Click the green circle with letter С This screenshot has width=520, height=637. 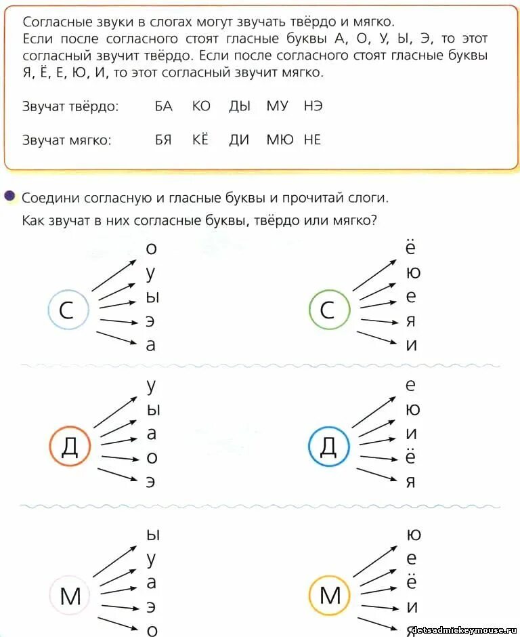point(328,310)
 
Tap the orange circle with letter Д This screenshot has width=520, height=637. point(69,447)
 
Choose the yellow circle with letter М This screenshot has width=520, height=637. point(330,596)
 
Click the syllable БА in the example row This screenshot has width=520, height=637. point(163,106)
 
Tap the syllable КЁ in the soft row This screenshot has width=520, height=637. point(200,140)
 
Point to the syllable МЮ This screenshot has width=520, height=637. point(280,140)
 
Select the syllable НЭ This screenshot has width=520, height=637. point(313,106)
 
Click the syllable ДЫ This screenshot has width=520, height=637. point(240,106)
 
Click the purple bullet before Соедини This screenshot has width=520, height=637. point(9,197)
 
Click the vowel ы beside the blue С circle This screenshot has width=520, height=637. point(152,297)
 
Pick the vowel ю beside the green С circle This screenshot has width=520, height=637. point(412,273)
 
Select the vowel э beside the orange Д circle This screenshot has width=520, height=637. point(152,482)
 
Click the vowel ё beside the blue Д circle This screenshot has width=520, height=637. point(411,457)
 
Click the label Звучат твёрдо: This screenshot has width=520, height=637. point(70,106)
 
